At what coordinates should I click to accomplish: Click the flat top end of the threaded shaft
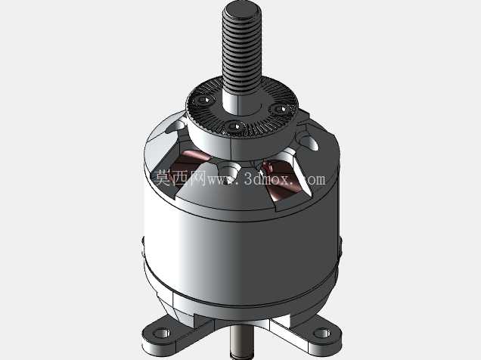[242, 8]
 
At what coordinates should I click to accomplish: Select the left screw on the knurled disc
[203, 99]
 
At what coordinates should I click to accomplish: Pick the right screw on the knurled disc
[279, 109]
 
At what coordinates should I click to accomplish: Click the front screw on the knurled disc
[234, 126]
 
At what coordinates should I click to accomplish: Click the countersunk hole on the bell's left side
[175, 126]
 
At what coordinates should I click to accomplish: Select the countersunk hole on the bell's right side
[308, 141]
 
